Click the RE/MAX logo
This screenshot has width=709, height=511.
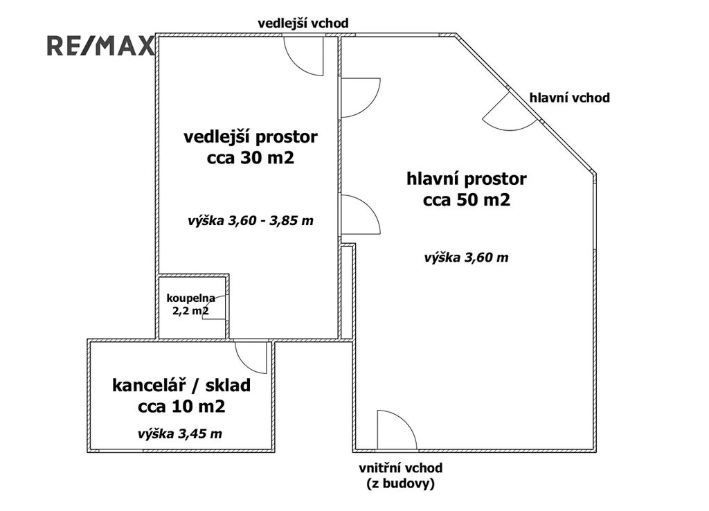pos(100,46)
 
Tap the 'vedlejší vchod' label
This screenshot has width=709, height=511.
pos(303,23)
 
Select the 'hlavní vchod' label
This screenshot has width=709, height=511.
pos(570,98)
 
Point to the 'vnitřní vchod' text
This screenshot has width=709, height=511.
pos(401,467)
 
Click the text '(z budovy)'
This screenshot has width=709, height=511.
pos(401,484)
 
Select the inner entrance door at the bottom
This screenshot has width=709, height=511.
pos(397,430)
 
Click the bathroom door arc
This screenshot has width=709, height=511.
pos(215,307)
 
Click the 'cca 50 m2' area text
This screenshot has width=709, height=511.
pos(467,200)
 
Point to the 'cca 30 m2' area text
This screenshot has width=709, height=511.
pos(251,159)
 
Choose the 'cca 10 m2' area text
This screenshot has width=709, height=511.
pos(181,407)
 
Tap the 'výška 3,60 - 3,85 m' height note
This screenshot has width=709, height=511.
pos(251,221)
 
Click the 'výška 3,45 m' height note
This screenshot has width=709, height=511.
pos(180,434)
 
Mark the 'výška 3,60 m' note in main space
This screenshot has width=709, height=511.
pos(466,258)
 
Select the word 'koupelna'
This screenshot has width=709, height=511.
pos(191,298)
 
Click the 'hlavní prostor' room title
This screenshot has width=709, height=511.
pos(467,179)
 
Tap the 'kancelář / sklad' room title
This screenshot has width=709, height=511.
pos(181,386)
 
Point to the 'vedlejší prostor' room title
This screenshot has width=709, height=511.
pos(251,137)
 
